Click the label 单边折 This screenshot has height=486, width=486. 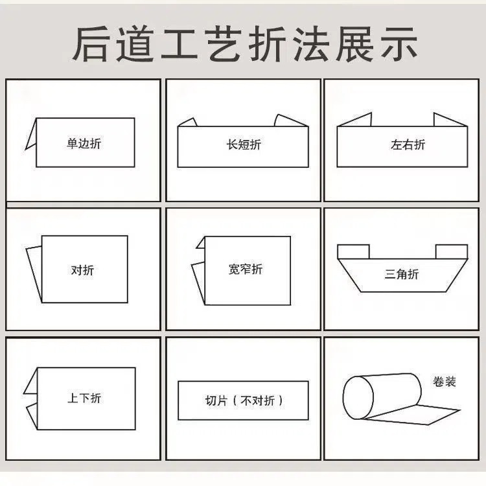(84, 144)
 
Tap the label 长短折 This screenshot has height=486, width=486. (243, 145)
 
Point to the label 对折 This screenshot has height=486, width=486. (82, 270)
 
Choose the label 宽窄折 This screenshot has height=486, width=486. (246, 269)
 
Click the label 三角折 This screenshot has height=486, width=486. (402, 274)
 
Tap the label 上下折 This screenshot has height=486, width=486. (84, 398)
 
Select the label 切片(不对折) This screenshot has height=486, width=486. (244, 400)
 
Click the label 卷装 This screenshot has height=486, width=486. (445, 382)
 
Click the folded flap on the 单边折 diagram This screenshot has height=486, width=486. (31, 137)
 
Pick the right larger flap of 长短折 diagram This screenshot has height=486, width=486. (289, 121)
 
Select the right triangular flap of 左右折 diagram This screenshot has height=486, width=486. (449, 120)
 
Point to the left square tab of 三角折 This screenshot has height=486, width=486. (354, 251)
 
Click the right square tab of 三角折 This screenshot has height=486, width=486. (451, 251)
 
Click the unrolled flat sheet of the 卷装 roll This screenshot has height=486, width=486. (428, 412)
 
